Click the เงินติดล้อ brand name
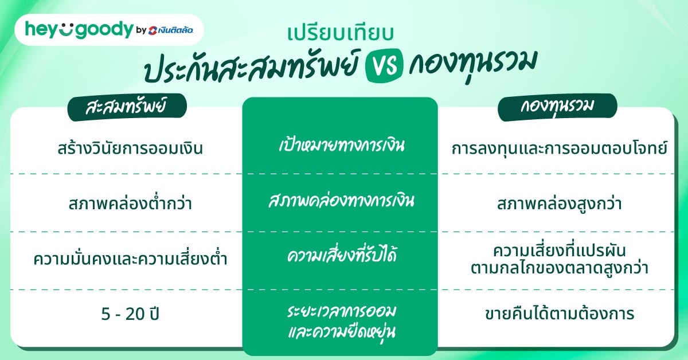[175, 30]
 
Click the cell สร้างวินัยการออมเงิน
[127, 149]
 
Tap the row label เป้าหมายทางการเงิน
[339, 145]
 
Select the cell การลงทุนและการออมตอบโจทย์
[560, 149]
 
